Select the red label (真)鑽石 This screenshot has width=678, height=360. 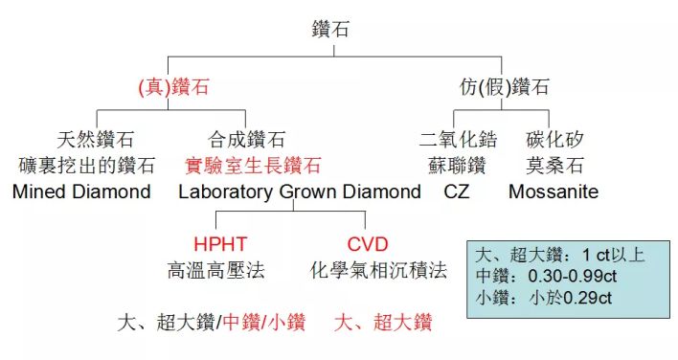[x=172, y=88]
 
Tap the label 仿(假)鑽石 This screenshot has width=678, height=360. [x=504, y=88]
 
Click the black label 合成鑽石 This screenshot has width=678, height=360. [x=247, y=140]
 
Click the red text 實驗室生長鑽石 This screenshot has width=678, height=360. [x=253, y=166]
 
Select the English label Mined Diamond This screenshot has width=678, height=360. [x=82, y=191]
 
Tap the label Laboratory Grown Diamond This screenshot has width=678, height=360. [x=300, y=191]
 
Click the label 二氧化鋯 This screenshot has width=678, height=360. [x=454, y=140]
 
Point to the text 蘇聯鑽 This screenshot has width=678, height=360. [x=454, y=166]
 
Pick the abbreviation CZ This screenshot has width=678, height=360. [x=457, y=191]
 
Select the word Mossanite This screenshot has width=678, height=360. [x=554, y=191]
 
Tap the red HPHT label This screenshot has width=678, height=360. [x=220, y=245]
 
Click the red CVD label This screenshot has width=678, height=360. [x=369, y=245]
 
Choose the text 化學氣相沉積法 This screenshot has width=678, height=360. [x=379, y=271]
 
